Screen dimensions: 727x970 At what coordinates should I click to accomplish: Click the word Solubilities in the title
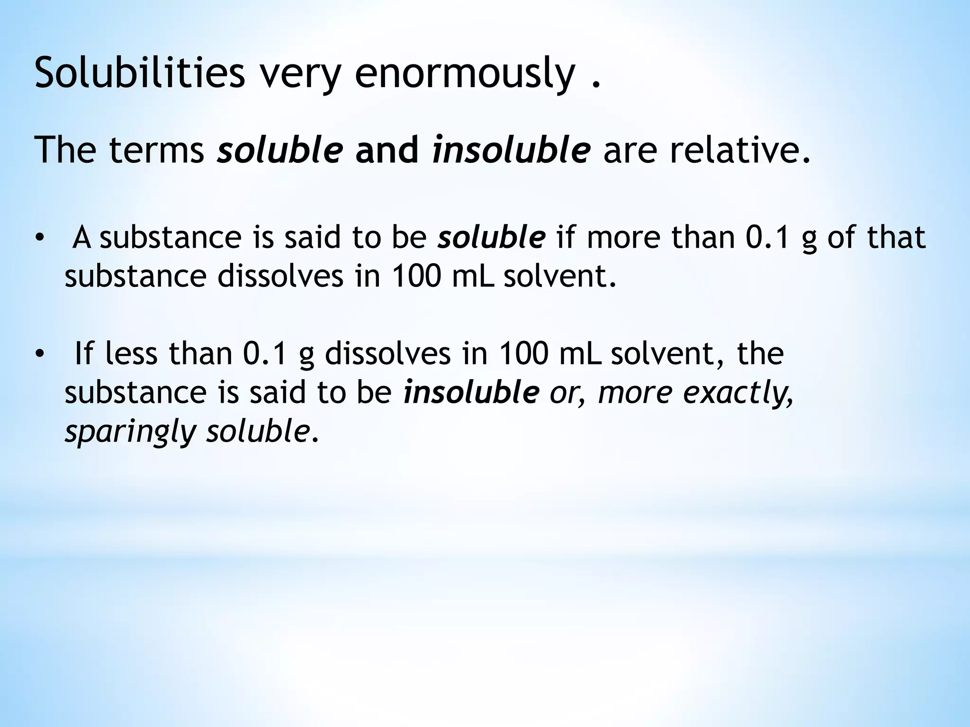[x=140, y=73]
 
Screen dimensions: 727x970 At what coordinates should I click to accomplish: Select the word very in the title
[x=300, y=73]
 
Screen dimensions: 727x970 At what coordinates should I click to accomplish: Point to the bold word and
[x=387, y=150]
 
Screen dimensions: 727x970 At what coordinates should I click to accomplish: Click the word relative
[x=739, y=150]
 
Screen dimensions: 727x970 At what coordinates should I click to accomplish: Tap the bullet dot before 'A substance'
[x=39, y=238]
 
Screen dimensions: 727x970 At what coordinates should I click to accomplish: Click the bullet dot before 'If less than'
[x=39, y=354]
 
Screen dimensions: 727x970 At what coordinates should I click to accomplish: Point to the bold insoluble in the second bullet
[x=471, y=392]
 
